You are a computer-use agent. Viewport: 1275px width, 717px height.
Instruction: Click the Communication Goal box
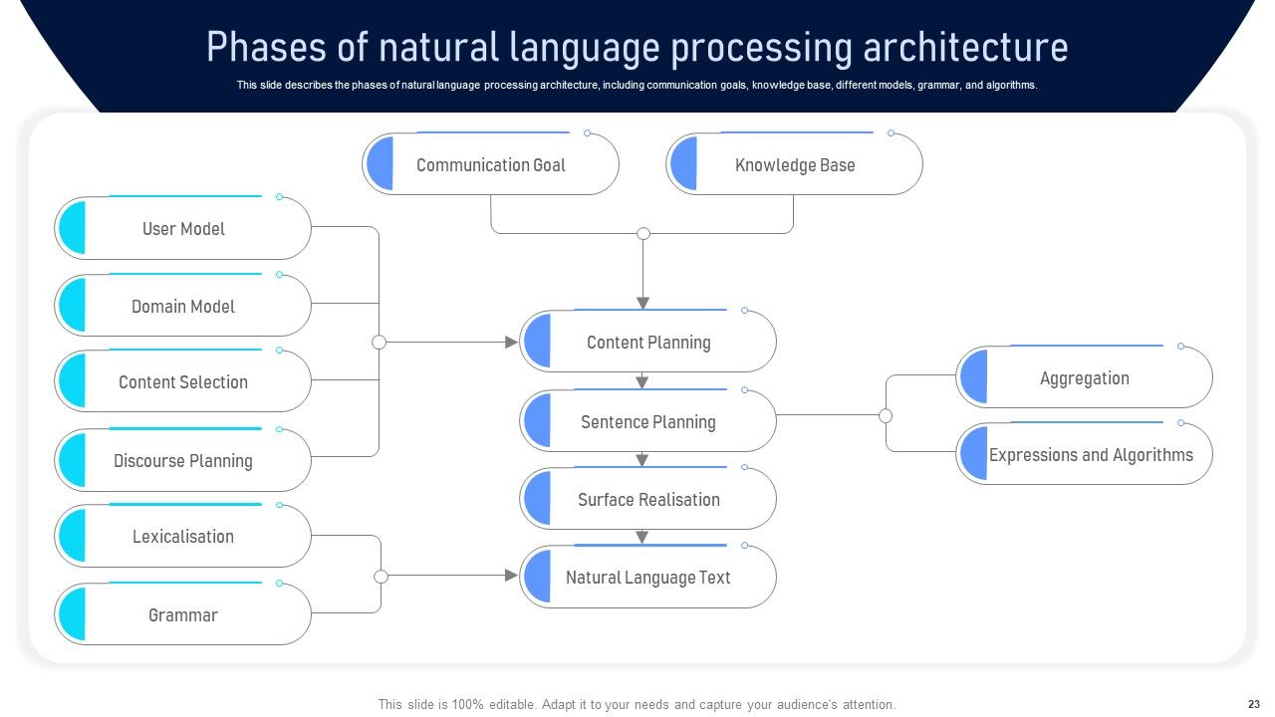(x=490, y=164)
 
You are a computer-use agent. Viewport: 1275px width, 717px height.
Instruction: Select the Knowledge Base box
(x=794, y=164)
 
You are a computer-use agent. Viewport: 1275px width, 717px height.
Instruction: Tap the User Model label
(x=183, y=229)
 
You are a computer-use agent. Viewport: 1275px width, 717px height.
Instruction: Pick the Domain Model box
(x=182, y=306)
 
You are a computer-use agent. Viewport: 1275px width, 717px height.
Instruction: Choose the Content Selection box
(x=182, y=381)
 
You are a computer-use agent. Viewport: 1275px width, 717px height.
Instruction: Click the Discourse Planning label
(x=182, y=460)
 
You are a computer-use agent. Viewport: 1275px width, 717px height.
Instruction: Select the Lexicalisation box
(x=182, y=536)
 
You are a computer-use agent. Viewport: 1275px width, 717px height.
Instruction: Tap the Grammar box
(x=182, y=614)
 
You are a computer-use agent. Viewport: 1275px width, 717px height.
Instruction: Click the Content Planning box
(x=647, y=342)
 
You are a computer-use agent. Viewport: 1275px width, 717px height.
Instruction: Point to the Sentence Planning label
(x=647, y=422)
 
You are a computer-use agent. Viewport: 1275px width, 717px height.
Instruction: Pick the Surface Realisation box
(x=647, y=499)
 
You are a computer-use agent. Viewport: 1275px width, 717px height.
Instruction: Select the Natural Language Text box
(x=647, y=577)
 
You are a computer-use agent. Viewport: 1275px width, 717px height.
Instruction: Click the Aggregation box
(x=1085, y=376)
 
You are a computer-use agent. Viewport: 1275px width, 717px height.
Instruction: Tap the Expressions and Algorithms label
(x=1091, y=455)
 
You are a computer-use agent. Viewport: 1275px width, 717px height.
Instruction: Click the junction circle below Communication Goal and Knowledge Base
(x=643, y=233)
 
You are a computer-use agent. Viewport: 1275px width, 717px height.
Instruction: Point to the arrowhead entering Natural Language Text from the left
(x=511, y=576)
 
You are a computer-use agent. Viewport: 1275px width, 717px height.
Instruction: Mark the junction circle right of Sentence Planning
(x=886, y=416)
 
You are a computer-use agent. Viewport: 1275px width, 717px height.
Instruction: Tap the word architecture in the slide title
(x=965, y=47)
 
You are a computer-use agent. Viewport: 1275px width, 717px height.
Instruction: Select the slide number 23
(x=1253, y=704)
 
